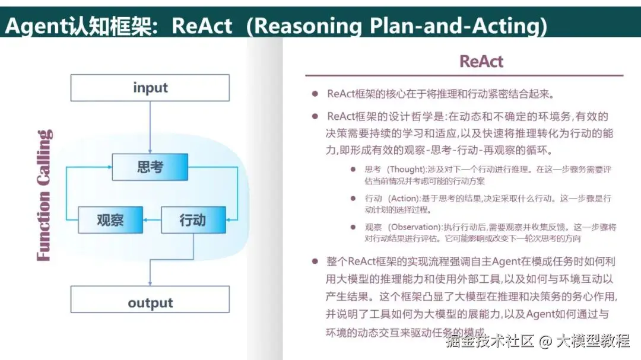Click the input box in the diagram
click(150, 88)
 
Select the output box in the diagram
click(150, 303)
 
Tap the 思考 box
click(150, 167)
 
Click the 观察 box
click(110, 220)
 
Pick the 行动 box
click(193, 220)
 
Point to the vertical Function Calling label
click(45, 195)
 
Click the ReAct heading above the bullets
click(481, 62)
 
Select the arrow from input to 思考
click(150, 127)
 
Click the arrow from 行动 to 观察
click(153, 220)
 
